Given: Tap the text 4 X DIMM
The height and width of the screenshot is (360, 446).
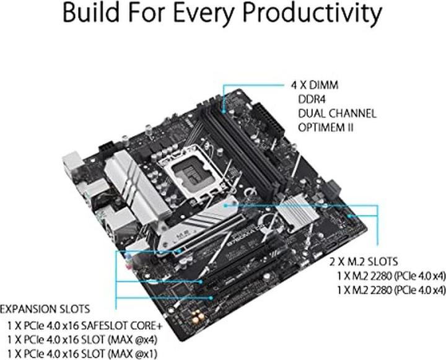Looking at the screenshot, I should pos(315,85).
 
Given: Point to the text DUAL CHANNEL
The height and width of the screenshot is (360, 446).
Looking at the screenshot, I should pos(336,113).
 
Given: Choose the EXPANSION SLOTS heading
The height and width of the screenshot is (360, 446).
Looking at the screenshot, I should pos(45,309).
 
